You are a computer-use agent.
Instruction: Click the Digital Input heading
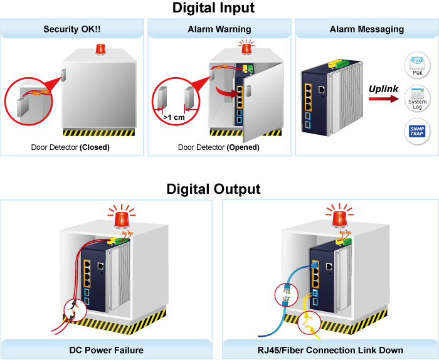(214, 8)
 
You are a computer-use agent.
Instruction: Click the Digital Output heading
(214, 189)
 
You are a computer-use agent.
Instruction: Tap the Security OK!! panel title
(71, 29)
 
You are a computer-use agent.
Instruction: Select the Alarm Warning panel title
(219, 29)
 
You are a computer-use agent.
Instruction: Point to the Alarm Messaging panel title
(367, 29)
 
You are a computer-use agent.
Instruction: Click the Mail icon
(417, 63)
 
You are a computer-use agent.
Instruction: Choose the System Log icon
(417, 99)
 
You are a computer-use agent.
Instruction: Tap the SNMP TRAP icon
(417, 132)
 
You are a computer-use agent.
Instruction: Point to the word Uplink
(383, 89)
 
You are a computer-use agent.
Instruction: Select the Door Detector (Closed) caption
(70, 148)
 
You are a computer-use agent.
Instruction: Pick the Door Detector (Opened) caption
(218, 148)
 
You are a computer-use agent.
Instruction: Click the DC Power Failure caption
(106, 350)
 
